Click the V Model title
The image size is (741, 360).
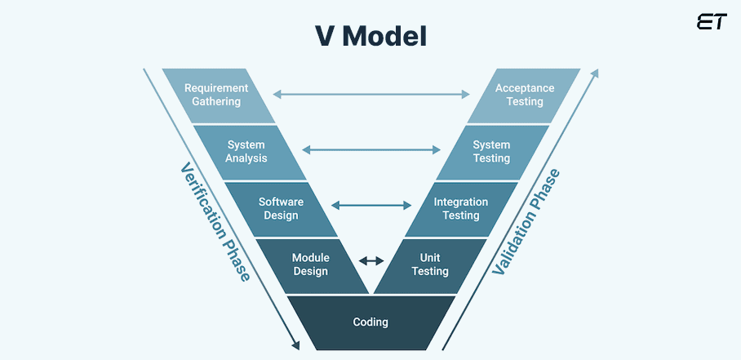pos(370,35)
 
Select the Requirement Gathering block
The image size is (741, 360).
pos(216,96)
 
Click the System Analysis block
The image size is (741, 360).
pos(246,152)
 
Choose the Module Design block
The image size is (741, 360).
pos(310,264)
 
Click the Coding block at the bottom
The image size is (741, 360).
pos(370,322)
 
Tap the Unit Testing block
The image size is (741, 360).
pos(430,264)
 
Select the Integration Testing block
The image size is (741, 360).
pos(460,208)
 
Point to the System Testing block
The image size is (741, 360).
pos(491,152)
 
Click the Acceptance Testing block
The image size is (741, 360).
pos(524,96)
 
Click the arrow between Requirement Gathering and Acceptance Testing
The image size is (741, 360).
pos(371,95)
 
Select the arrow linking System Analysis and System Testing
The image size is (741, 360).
pos(371,149)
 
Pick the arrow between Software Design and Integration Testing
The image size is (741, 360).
pos(371,205)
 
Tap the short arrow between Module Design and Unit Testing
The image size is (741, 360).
pos(371,260)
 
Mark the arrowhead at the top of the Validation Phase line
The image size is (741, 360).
pos(595,73)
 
